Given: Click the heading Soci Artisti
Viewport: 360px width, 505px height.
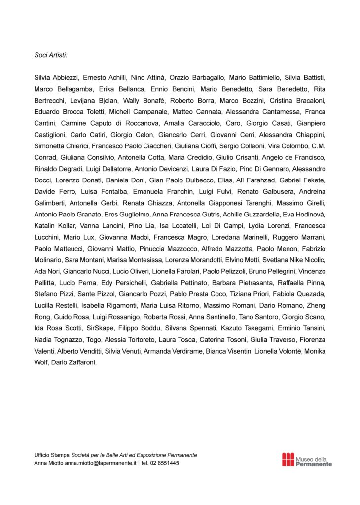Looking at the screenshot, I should (x=51, y=55).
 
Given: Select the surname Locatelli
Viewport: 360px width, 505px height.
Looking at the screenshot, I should (x=184, y=226).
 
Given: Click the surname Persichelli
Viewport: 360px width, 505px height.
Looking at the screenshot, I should (x=140, y=283).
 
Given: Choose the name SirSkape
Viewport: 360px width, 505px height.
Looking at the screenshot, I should (x=87, y=328).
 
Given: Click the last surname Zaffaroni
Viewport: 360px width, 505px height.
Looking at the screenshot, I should (x=79, y=362).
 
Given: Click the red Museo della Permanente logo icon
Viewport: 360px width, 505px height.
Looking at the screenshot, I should (x=288, y=460).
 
